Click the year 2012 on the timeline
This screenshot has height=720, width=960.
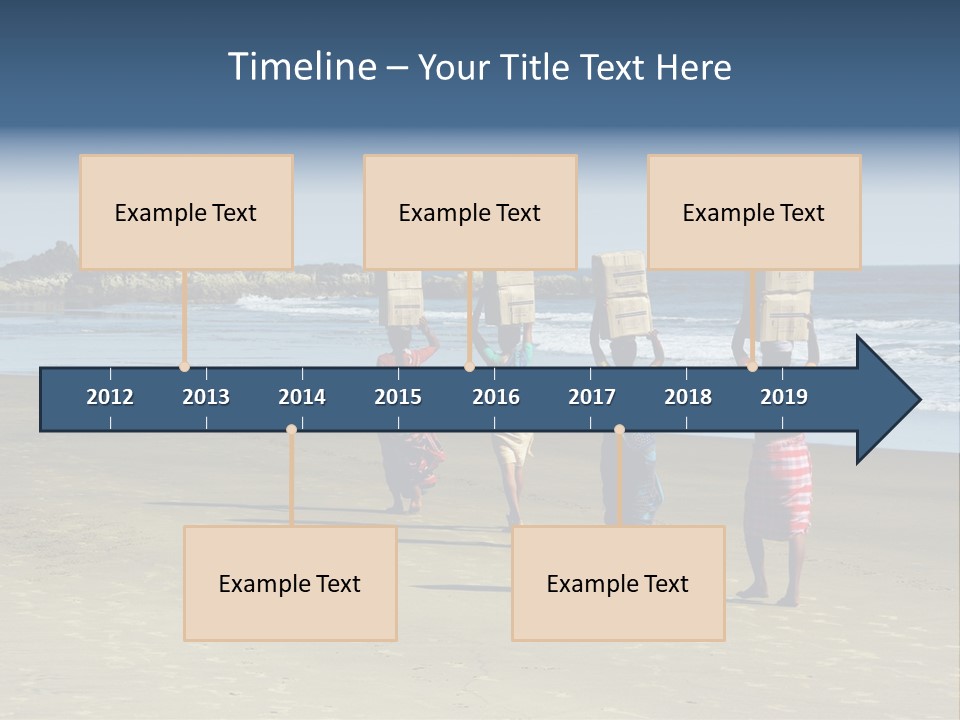[110, 397]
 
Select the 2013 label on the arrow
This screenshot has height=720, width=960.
[206, 397]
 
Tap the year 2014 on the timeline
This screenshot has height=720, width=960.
[302, 397]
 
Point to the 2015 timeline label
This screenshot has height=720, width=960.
[398, 397]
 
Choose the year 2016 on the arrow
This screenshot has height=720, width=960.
[496, 397]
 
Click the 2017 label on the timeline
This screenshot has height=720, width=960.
[592, 397]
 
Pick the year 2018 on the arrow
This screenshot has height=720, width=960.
[688, 397]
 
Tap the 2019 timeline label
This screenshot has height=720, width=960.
[784, 397]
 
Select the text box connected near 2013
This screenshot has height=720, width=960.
[186, 212]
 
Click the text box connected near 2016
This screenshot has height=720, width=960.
[470, 212]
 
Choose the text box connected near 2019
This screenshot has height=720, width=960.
[754, 212]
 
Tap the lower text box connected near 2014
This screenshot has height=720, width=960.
[290, 583]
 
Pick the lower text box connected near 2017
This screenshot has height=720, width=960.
[618, 583]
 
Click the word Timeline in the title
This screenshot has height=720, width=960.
[302, 67]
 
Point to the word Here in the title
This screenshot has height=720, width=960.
[693, 68]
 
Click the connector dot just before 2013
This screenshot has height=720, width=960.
[184, 367]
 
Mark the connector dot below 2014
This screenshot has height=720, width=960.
[291, 429]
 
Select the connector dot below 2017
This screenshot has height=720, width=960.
[619, 429]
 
